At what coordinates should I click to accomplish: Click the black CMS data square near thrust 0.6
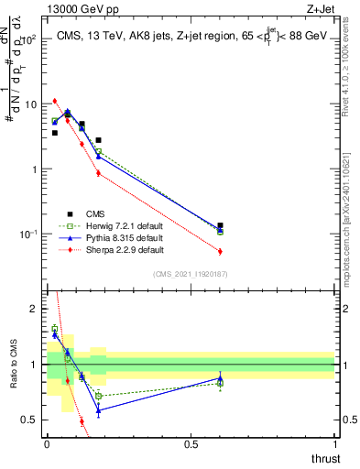pyautogui.click(x=220, y=225)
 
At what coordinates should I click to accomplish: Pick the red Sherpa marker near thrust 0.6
pyautogui.click(x=220, y=251)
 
